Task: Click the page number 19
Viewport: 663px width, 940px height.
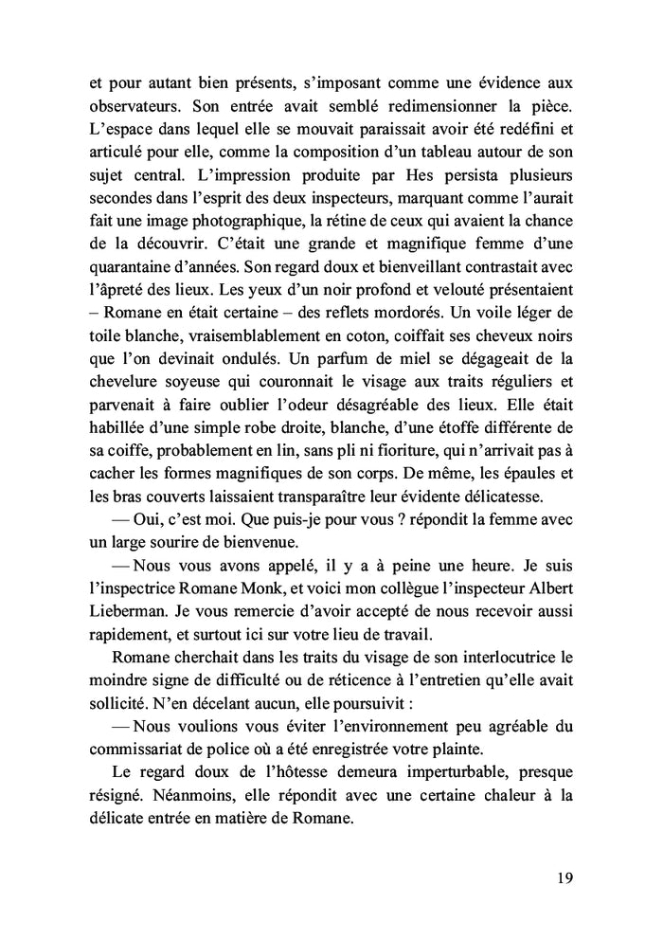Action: click(x=564, y=877)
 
